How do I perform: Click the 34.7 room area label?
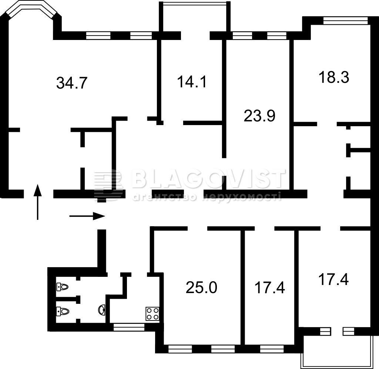click(x=71, y=83)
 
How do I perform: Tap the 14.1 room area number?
click(x=192, y=81)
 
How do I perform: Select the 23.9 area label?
click(x=259, y=115)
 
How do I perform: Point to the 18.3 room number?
click(x=334, y=77)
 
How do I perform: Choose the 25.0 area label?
click(x=201, y=287)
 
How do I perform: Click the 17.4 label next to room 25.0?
click(x=270, y=288)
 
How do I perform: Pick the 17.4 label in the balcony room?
click(x=333, y=279)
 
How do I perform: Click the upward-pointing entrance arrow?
click(x=37, y=202)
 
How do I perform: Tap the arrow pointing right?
click(x=87, y=216)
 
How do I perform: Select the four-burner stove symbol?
click(x=152, y=313)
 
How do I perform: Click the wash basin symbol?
click(x=102, y=310)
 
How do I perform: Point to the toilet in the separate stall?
click(x=62, y=287)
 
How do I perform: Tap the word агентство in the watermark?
click(x=165, y=197)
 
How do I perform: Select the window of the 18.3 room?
click(x=345, y=20)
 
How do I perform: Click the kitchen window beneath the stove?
click(x=129, y=327)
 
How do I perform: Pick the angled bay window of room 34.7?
click(x=31, y=9)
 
